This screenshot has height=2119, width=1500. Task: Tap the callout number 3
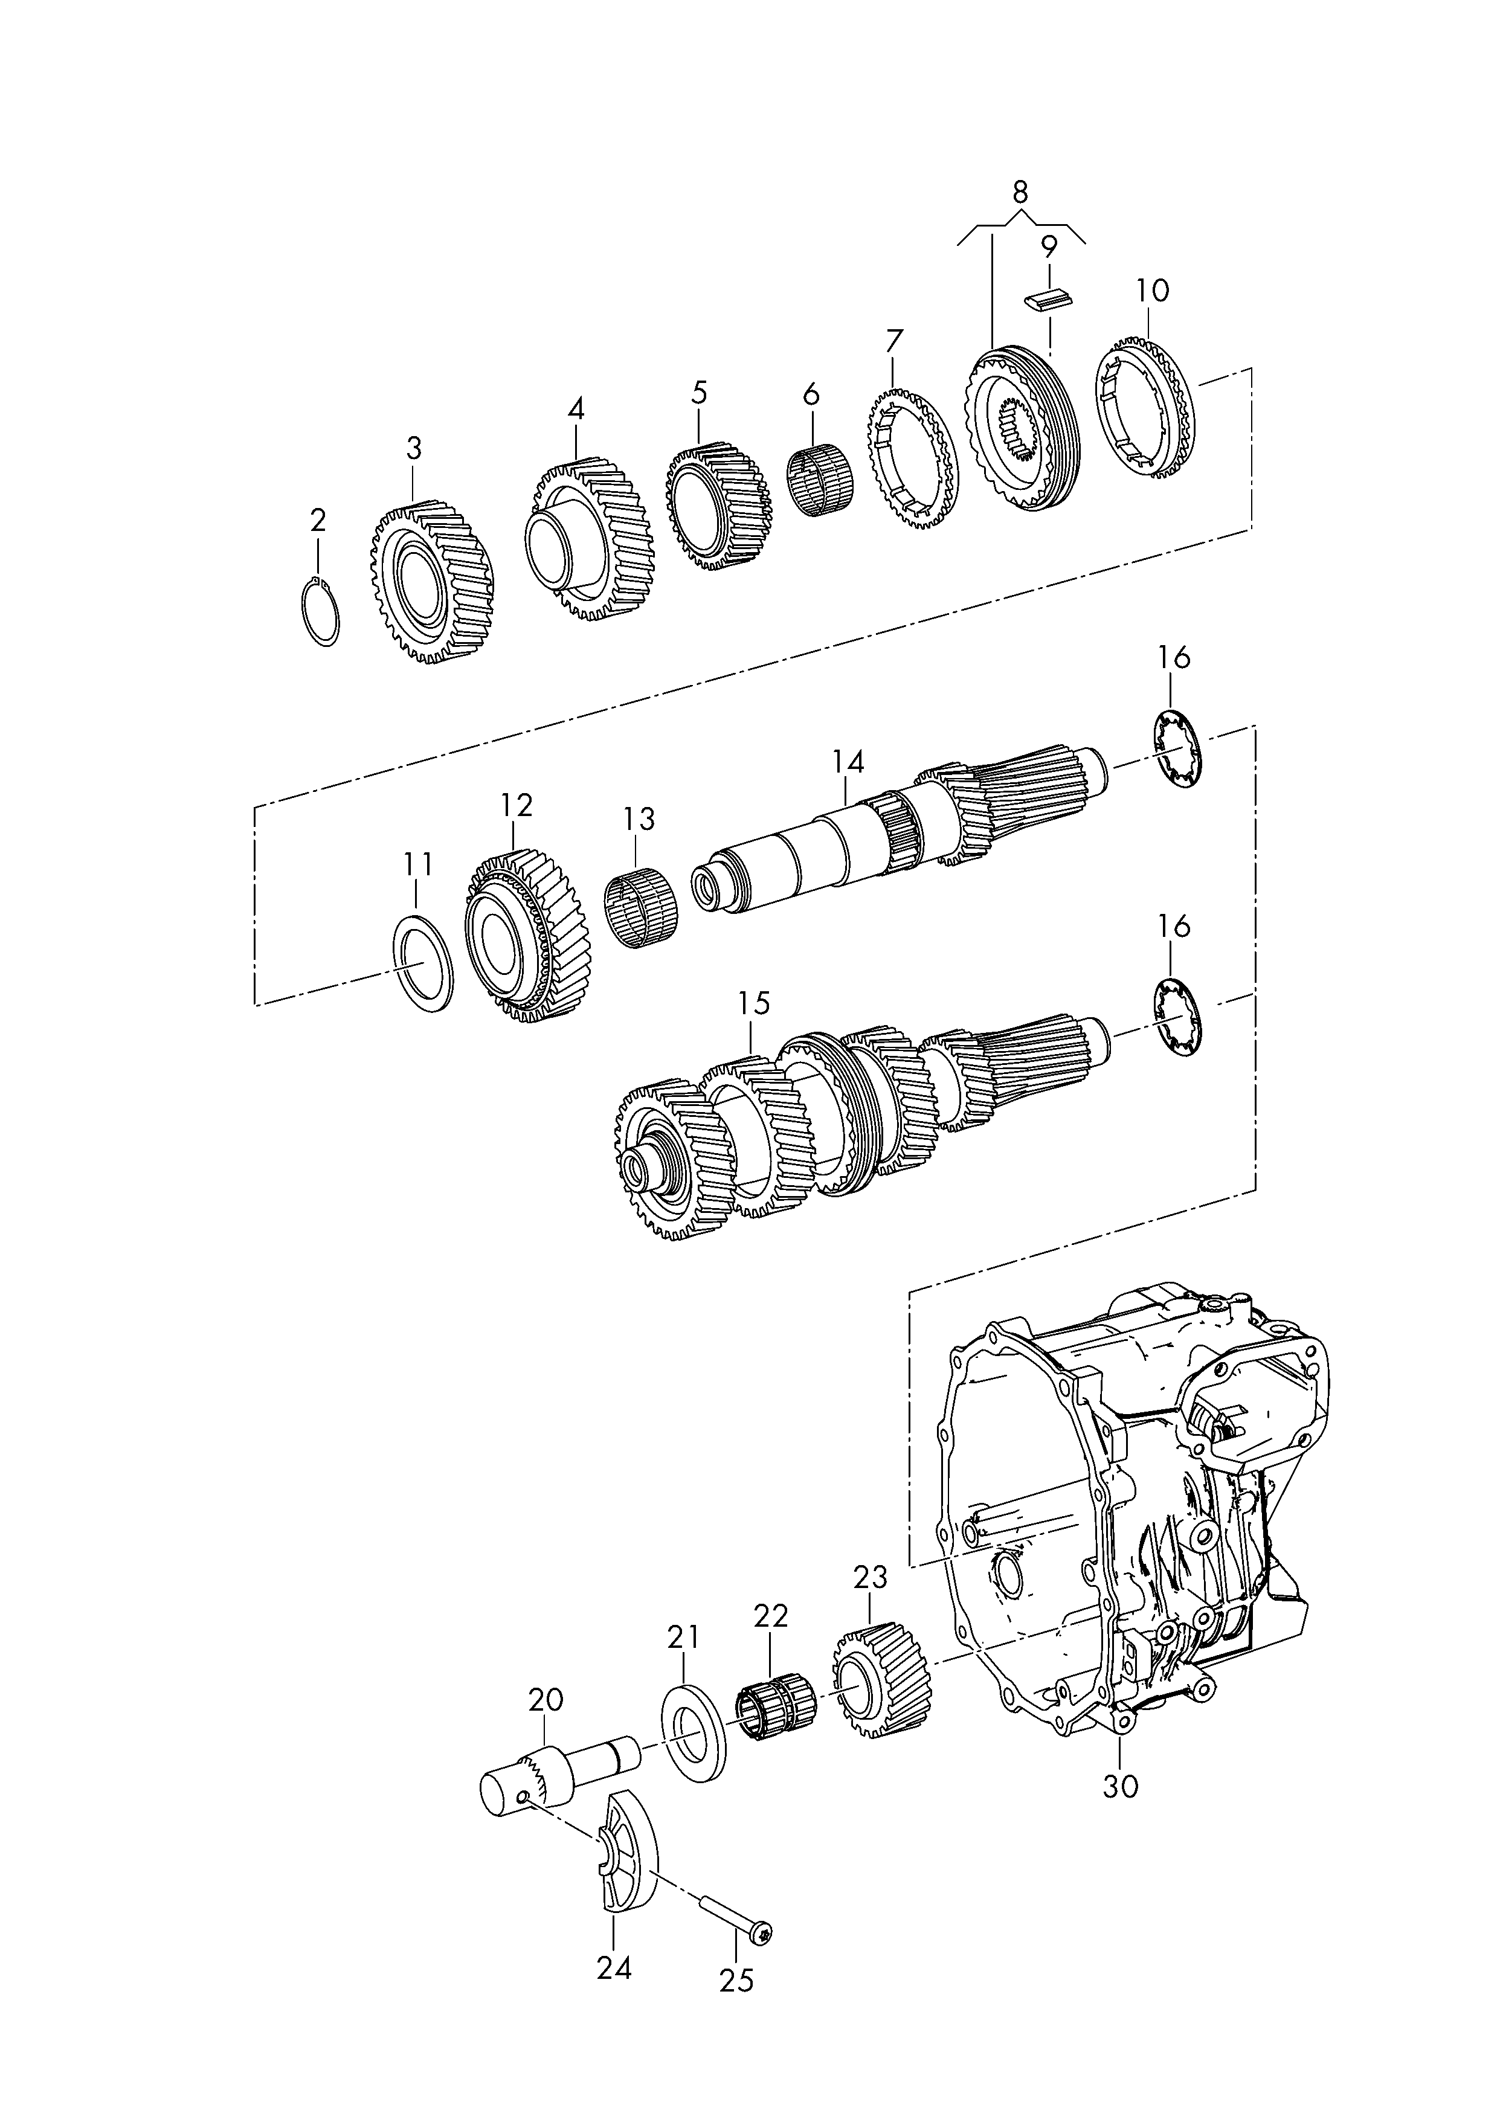click(x=414, y=449)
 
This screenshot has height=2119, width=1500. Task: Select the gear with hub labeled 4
click(x=589, y=540)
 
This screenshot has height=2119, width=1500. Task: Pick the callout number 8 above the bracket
click(x=1020, y=192)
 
